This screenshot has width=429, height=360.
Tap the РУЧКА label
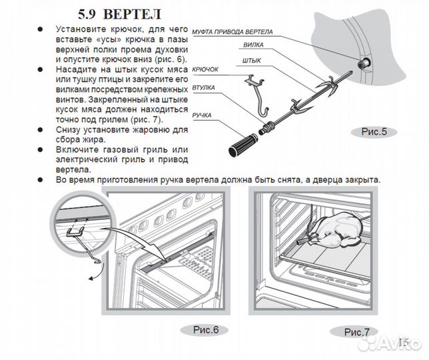tap(202, 115)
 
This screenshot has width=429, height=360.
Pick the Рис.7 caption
tap(356, 332)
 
